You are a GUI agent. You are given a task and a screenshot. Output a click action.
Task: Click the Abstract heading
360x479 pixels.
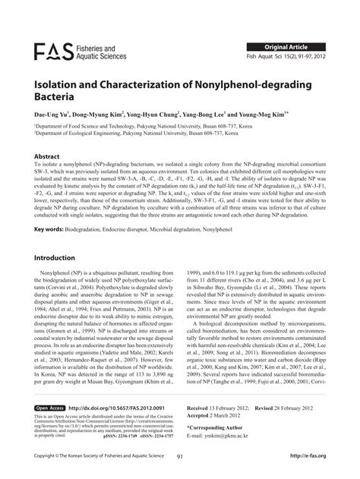pos(46,156)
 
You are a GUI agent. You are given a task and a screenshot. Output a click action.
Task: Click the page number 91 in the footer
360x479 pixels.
pos(179,455)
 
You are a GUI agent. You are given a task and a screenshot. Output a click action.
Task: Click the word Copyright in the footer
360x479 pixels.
pos(49,455)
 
